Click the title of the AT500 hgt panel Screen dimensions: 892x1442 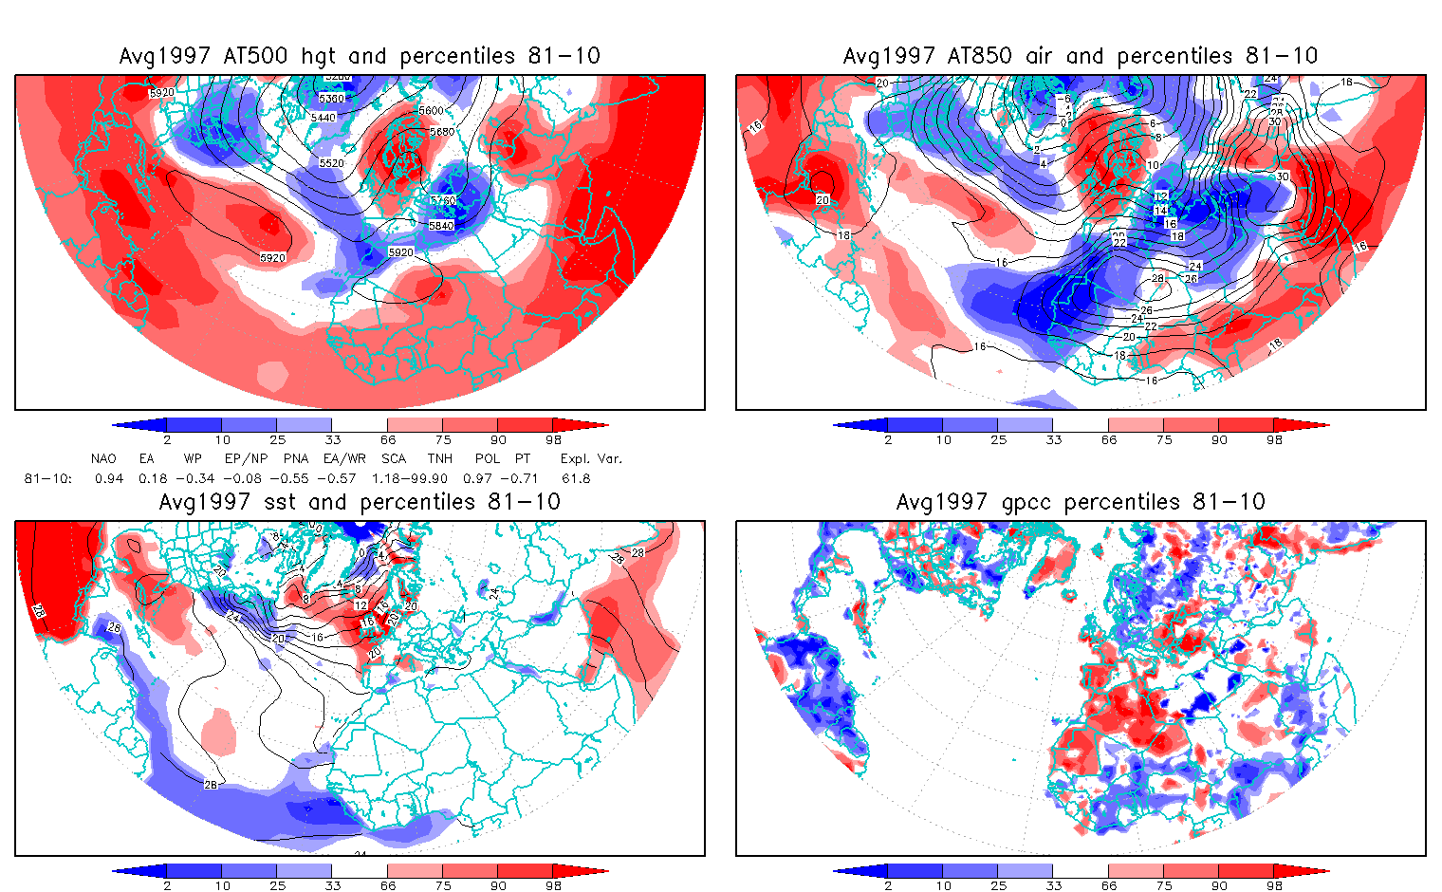click(360, 56)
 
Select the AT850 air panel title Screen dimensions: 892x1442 click(1081, 56)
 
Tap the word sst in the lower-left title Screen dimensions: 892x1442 click(279, 502)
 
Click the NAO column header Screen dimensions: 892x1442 click(103, 458)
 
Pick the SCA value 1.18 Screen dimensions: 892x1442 click(385, 478)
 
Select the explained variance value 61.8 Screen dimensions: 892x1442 click(576, 478)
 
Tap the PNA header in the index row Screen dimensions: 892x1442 click(296, 458)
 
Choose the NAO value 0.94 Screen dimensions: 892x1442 click(109, 478)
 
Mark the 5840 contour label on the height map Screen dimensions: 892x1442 click(441, 226)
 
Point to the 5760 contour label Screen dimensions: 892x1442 click(443, 201)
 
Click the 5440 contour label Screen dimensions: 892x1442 click(324, 117)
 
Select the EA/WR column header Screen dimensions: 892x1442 click(344, 458)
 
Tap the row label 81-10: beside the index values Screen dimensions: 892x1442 click(47, 478)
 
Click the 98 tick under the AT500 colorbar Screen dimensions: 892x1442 click(554, 439)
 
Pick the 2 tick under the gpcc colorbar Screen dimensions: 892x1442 click(888, 885)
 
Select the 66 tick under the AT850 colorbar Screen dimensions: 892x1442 click(1109, 439)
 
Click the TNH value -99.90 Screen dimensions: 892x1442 click(425, 478)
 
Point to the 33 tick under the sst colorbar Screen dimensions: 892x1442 click(332, 885)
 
